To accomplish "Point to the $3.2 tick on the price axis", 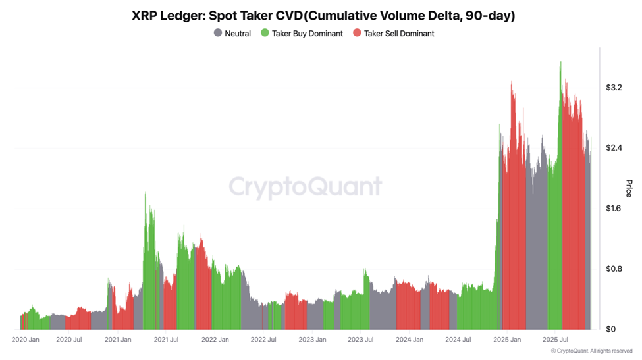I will (614, 88).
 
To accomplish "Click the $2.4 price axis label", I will (614, 148).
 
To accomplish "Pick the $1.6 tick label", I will (614, 209).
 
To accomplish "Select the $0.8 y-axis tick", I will (614, 269).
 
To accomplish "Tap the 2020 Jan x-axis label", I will (26, 340).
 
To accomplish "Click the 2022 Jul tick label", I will (263, 340).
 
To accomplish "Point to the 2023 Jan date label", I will (311, 340).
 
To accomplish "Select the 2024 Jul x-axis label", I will (458, 340).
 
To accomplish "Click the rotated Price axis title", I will (628, 188).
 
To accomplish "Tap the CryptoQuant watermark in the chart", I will (305, 187).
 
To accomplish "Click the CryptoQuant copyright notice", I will (593, 351).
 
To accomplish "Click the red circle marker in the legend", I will (358, 33).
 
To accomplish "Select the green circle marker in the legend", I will (265, 33).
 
